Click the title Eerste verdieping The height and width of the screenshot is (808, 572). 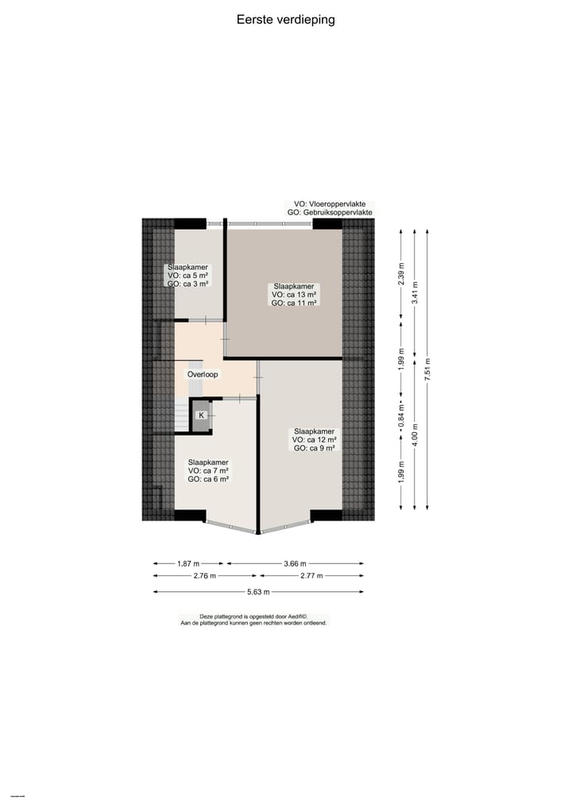point(285,20)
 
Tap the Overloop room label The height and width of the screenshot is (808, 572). point(203,374)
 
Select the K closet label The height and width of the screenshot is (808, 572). point(201,416)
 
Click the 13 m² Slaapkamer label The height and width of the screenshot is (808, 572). point(294,295)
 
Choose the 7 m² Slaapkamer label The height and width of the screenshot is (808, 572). point(208,470)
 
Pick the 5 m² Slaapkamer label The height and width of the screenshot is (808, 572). point(188,275)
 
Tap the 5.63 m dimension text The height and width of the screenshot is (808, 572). point(257,592)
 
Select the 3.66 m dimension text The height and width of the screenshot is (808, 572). point(295,563)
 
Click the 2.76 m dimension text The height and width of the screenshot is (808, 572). point(205,576)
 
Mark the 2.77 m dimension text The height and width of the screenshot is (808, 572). point(311,576)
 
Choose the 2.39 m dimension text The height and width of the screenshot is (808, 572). point(401,274)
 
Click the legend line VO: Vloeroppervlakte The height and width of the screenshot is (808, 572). point(330,204)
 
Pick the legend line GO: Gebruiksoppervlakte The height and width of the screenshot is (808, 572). point(330,213)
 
